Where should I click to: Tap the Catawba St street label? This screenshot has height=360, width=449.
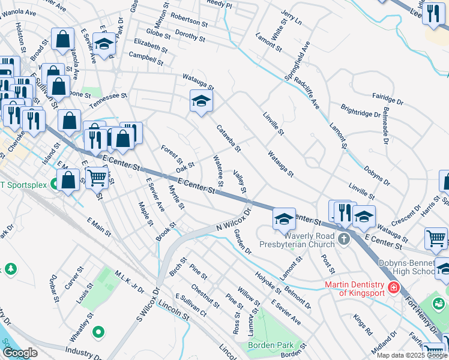click(228, 138)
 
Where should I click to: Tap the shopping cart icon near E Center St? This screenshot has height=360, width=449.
click(97, 177)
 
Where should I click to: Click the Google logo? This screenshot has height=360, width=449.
click(20, 353)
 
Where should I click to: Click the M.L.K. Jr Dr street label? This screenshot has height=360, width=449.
click(129, 282)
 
